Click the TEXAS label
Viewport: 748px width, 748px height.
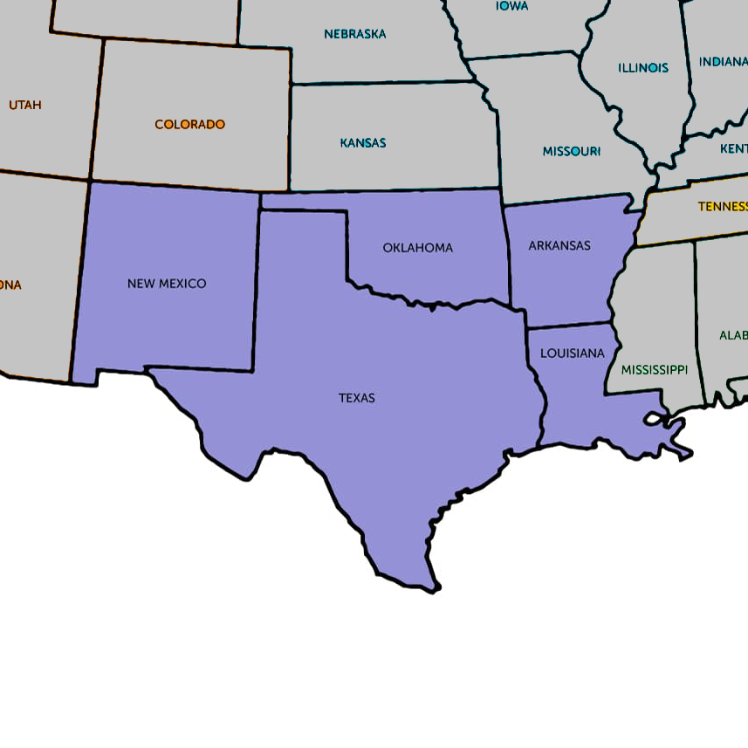coord(357,398)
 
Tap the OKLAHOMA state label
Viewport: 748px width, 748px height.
coord(418,248)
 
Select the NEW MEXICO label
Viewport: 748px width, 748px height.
coord(167,284)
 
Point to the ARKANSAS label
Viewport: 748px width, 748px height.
coord(559,246)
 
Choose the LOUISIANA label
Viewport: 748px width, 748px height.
coord(572,353)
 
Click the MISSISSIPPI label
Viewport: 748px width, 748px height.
coord(655,370)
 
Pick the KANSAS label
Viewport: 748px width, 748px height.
coord(363,142)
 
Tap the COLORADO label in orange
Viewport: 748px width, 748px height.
coord(189,125)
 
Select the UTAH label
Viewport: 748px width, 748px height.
coord(25,105)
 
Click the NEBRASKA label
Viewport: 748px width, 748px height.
coord(354,34)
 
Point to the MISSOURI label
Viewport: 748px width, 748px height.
coord(572,151)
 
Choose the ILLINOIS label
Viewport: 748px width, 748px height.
coord(643,67)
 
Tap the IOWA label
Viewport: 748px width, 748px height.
coord(511,6)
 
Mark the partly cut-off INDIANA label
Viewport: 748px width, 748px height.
coord(723,62)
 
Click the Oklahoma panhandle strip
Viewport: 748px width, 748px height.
coord(301,202)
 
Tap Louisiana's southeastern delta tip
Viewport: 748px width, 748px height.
coord(687,454)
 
